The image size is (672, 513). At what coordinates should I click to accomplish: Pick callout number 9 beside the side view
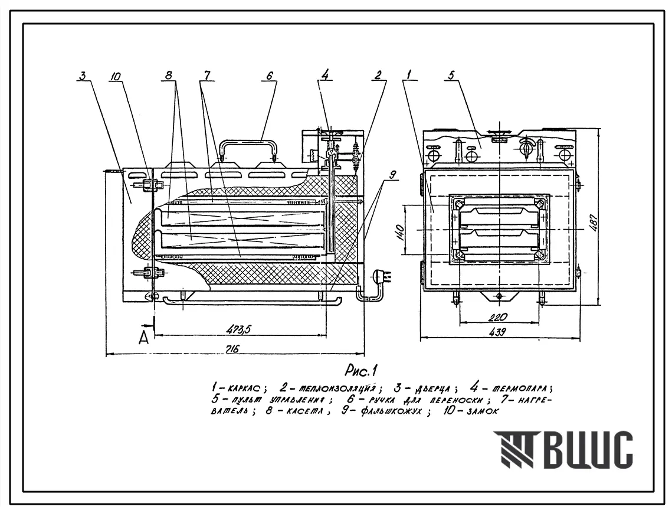click(393, 174)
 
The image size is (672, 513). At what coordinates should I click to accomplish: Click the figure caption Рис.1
click(360, 371)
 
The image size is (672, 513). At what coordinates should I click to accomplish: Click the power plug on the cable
click(378, 276)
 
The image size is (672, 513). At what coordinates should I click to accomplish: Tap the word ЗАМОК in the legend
click(480, 412)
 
